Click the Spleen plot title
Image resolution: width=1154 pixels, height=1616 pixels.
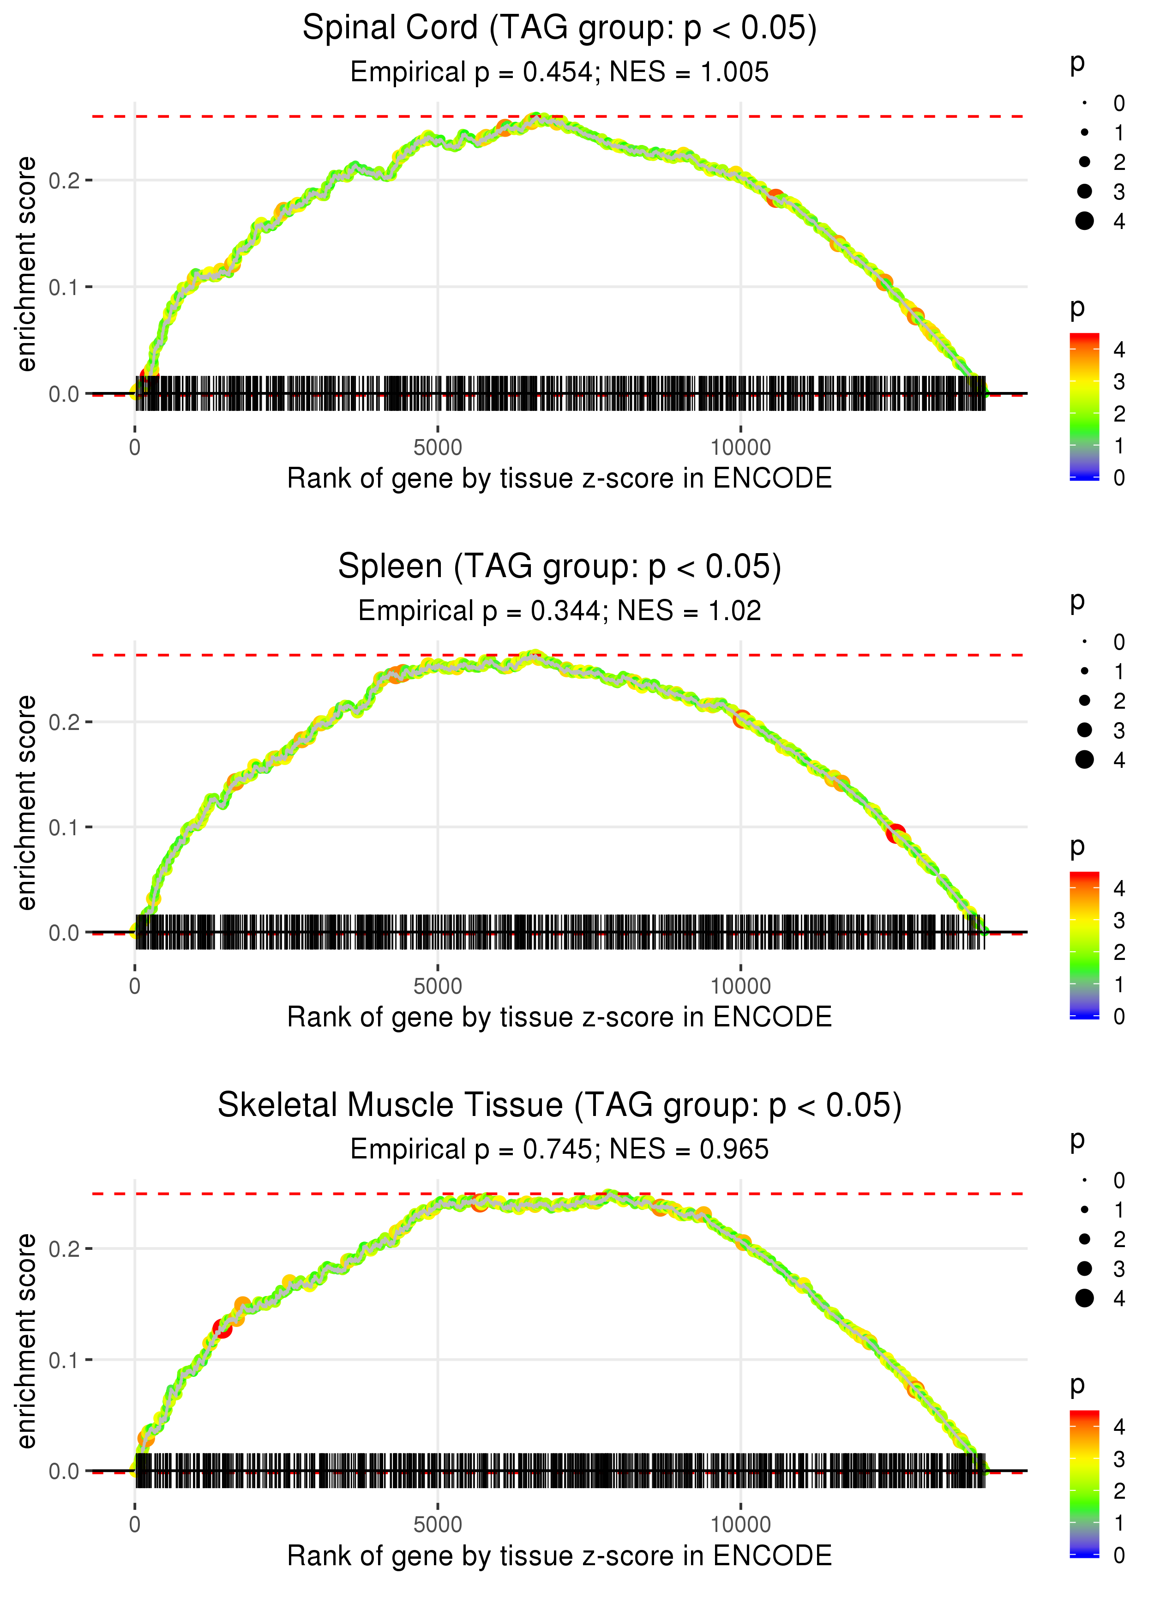[x=559, y=567]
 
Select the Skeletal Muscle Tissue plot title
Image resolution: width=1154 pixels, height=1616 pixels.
[x=559, y=1105]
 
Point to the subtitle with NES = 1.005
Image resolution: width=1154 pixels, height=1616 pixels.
[x=559, y=72]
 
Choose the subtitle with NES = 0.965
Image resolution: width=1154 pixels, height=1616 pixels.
[x=559, y=1149]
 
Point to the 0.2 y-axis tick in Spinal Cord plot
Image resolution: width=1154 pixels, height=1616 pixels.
[x=64, y=181]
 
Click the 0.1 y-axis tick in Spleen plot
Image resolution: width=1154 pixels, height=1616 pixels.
[x=64, y=827]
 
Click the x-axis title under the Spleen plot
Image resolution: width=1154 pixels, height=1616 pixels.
[x=559, y=1017]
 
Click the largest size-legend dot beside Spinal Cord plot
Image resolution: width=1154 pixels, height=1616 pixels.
[x=1084, y=221]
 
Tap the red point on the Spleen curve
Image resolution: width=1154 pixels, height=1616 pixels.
[x=896, y=833]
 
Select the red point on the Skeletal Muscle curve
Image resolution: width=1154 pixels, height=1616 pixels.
[x=222, y=1328]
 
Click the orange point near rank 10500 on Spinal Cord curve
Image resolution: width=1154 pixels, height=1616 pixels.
[x=775, y=198]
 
